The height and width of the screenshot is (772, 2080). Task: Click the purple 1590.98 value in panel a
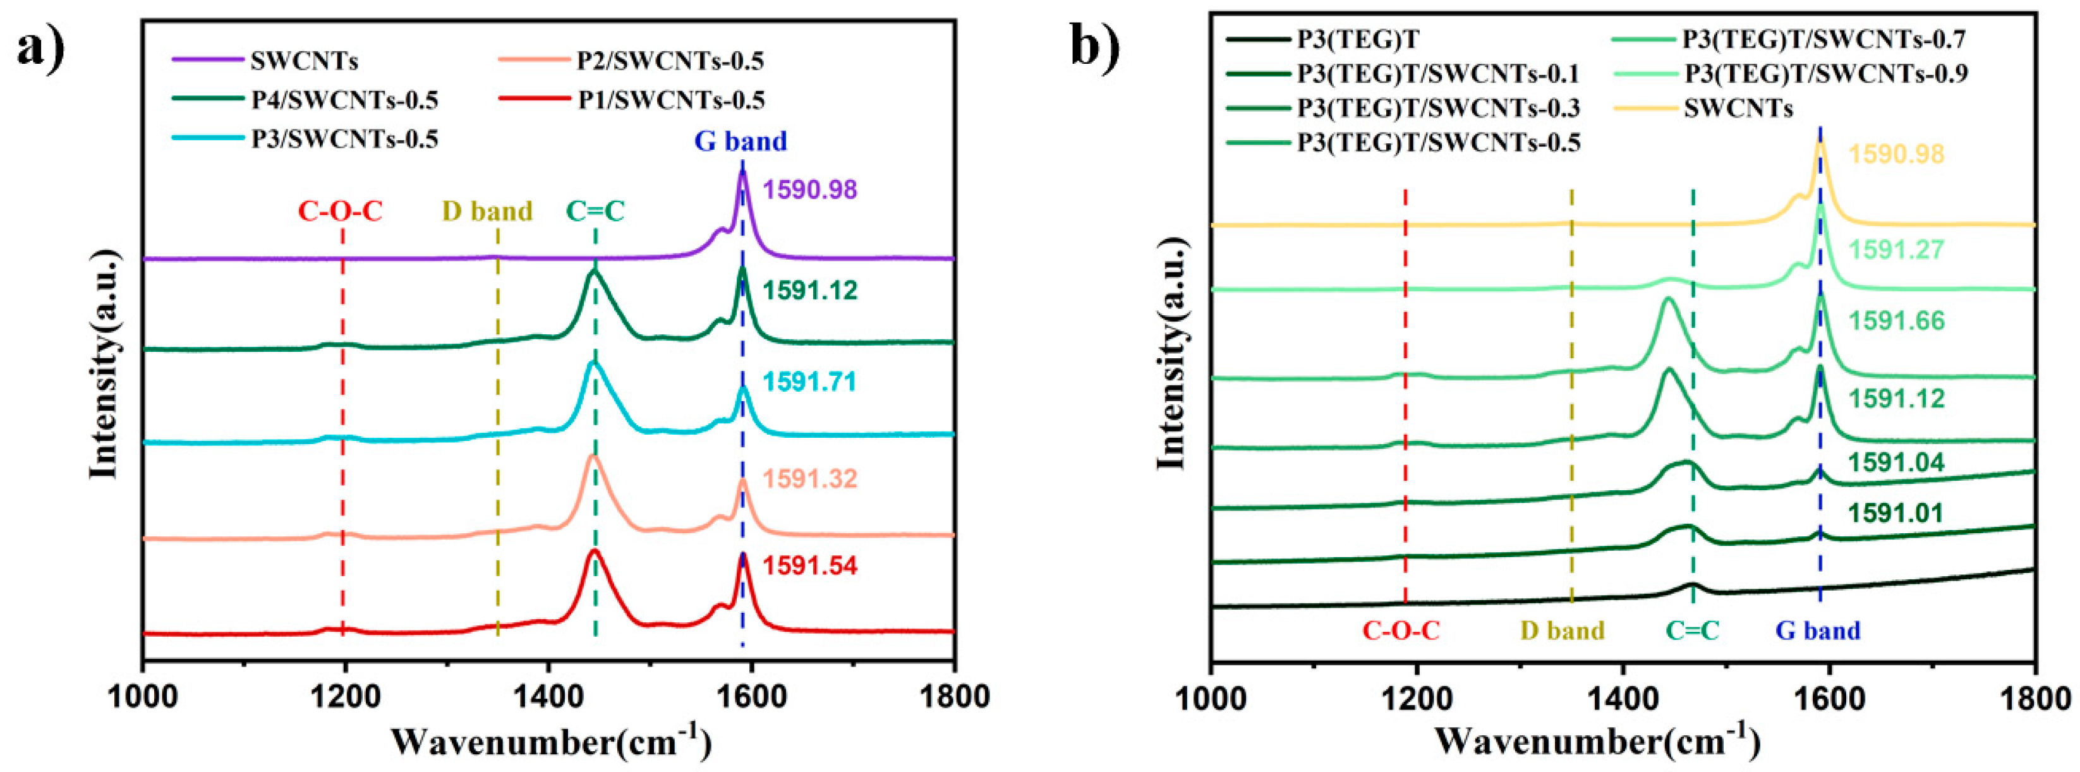(x=810, y=191)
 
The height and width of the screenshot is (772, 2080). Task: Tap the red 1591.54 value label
(x=810, y=566)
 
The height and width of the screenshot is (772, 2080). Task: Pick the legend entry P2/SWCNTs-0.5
(x=670, y=61)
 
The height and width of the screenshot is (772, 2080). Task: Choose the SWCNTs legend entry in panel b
(x=1738, y=108)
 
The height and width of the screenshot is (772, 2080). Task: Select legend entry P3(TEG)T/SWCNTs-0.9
(x=1825, y=73)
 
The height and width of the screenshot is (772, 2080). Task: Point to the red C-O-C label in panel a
(x=340, y=212)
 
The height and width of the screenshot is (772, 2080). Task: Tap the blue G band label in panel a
(x=741, y=142)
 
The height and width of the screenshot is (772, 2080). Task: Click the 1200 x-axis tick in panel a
(x=346, y=696)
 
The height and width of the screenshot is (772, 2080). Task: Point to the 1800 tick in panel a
(x=955, y=696)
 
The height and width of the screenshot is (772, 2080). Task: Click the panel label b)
(x=1095, y=46)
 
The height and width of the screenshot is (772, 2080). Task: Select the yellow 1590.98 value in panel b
(x=1896, y=154)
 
